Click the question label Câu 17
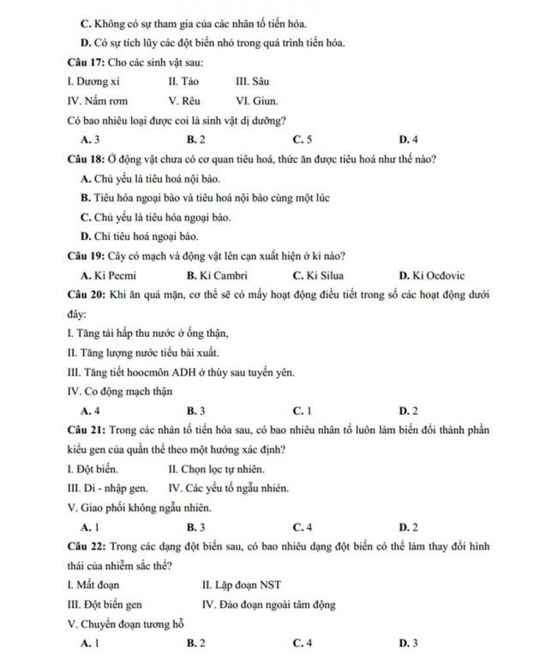pos(85,63)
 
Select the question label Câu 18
pos(85,159)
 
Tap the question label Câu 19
pos(85,255)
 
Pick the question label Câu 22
pos(85,546)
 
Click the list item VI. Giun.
pos(256,100)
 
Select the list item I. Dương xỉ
pos(93,81)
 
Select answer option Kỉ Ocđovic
pos(432,275)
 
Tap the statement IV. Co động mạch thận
pos(119,392)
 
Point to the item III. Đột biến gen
pos(105,604)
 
